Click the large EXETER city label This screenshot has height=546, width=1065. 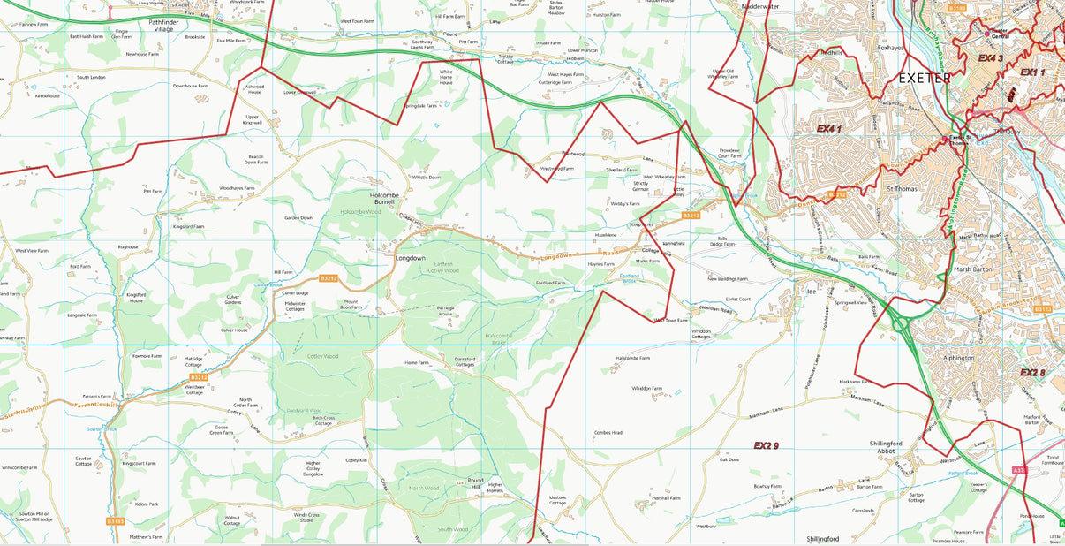925,78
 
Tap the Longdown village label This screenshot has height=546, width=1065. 410,258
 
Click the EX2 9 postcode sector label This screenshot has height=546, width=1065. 766,445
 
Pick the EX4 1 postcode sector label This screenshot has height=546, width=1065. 828,129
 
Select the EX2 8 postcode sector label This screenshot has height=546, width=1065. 1032,373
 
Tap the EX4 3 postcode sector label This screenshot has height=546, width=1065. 992,58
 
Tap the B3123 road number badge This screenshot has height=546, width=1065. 1043,309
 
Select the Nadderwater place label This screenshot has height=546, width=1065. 760,6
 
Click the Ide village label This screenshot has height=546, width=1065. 811,291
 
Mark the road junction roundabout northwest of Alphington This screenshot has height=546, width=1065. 902,324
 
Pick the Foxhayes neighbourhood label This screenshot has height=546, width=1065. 894,49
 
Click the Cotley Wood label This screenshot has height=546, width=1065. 322,356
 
